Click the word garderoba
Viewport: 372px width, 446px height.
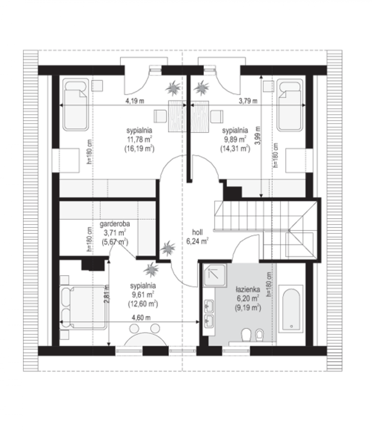coord(115,224)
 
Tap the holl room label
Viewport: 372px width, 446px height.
coord(197,232)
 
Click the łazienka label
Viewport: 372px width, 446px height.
coord(248,290)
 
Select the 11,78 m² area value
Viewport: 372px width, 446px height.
coord(139,139)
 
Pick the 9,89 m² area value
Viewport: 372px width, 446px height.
coord(235,139)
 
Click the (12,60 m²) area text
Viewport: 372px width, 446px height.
coord(143,304)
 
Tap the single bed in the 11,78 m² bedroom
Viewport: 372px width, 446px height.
coord(76,105)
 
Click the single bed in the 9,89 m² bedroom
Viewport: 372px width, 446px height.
coord(290,105)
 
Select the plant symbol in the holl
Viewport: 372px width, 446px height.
coord(168,248)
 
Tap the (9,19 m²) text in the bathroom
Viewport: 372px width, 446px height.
coord(248,308)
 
